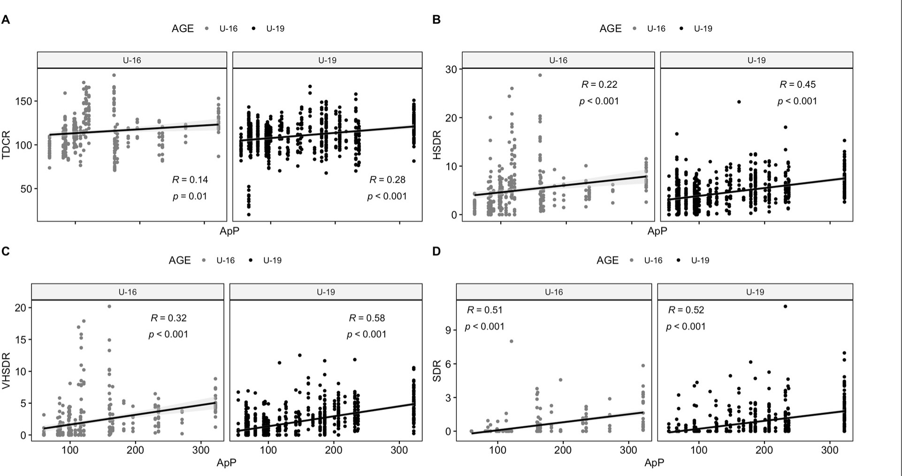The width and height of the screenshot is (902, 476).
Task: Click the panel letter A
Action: click(6, 20)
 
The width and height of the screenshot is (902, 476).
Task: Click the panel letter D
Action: click(436, 251)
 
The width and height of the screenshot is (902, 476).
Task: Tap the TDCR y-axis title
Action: click(7, 145)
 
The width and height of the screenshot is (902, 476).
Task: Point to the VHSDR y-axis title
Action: click(7, 371)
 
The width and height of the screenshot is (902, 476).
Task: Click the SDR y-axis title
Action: click(437, 370)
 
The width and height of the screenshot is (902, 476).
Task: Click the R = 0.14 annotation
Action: click(190, 180)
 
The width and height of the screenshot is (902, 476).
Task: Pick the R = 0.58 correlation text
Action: click(367, 318)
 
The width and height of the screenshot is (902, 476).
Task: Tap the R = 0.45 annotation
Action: click(797, 84)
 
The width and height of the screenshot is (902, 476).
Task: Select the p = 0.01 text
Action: click(190, 196)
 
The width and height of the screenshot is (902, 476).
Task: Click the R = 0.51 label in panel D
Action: click(484, 310)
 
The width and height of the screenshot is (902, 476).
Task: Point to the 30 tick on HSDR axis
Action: click(451, 69)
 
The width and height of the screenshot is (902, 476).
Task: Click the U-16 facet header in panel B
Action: click(558, 60)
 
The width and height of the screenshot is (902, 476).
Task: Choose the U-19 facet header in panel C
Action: click(326, 292)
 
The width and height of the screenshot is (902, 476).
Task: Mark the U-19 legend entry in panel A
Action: click(275, 29)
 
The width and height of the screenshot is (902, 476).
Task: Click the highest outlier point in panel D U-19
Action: click(785, 307)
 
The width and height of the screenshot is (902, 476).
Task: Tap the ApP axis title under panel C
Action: click(227, 463)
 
